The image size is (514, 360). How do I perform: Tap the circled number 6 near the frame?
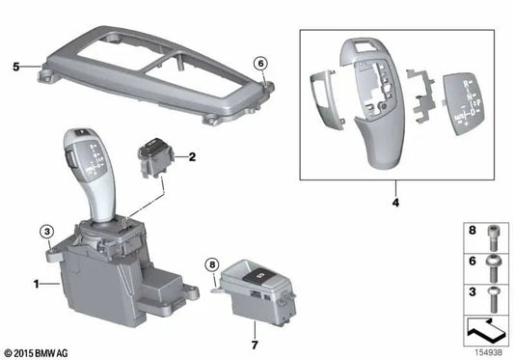259,64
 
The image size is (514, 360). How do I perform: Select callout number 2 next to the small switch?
192,155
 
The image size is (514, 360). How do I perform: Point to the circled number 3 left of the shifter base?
45,230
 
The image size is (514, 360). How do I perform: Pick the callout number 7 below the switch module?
255,344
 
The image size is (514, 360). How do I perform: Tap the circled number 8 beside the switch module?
213,264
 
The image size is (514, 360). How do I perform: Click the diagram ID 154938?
488,351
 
